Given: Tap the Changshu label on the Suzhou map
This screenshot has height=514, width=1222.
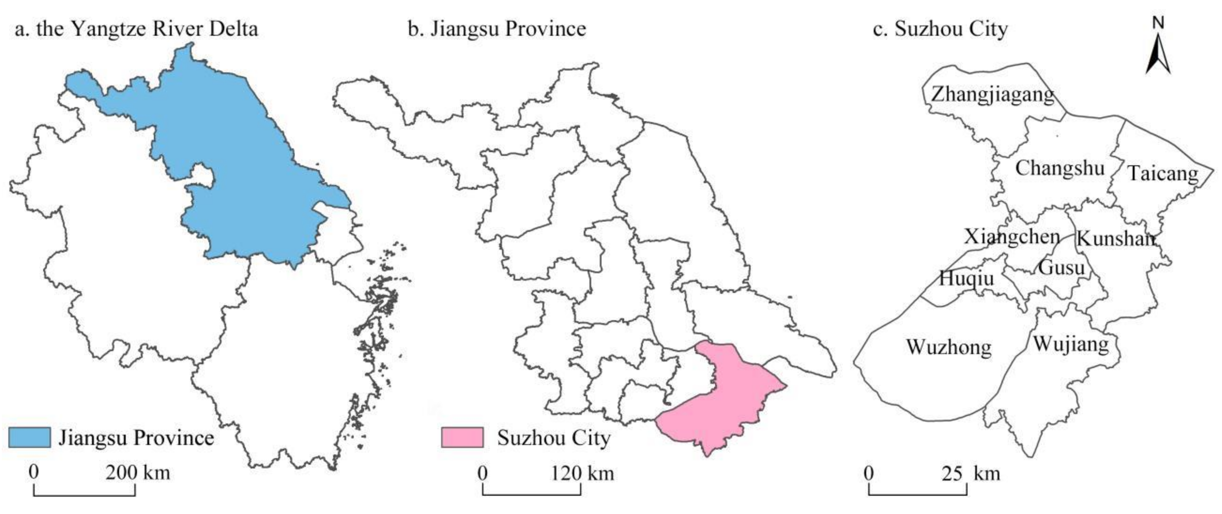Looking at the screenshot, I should tap(1060, 169).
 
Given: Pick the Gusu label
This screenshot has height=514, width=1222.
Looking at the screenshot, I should tap(1061, 268).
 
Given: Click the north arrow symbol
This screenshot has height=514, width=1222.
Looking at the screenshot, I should tap(1158, 52).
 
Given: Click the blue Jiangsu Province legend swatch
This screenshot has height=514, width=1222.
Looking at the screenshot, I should tap(29, 438).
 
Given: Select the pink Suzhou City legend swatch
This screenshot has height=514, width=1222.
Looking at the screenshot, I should tap(462, 438).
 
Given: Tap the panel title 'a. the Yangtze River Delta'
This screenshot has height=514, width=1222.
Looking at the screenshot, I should tap(137, 30).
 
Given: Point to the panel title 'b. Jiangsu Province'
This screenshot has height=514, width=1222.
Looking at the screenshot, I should tap(497, 30).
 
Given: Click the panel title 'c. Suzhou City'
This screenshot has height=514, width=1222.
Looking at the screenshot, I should tap(940, 30).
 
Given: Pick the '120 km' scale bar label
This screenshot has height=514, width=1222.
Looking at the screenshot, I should tap(582, 473).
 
